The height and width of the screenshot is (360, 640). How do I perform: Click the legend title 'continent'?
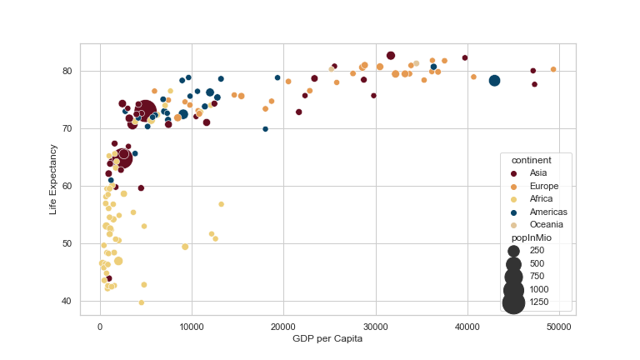click(x=531, y=159)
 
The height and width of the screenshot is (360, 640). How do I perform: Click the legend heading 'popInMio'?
click(x=531, y=237)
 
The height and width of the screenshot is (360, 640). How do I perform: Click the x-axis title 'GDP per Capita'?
click(x=327, y=339)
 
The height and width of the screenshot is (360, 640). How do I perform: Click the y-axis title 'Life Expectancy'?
click(x=53, y=180)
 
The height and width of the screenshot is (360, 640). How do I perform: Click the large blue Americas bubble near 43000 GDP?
click(x=494, y=81)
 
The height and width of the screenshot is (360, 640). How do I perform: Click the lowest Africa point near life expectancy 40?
click(x=142, y=302)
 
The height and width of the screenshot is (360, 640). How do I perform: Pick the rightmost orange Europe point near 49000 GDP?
click(x=553, y=70)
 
